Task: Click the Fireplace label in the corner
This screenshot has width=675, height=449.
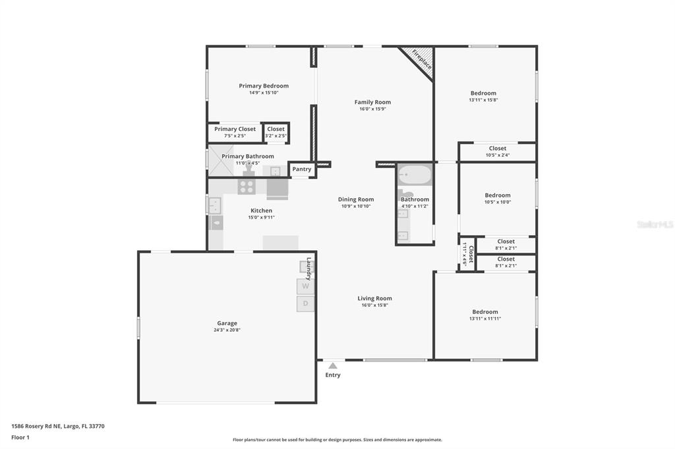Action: click(x=422, y=59)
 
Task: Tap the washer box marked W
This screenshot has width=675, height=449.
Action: click(x=305, y=286)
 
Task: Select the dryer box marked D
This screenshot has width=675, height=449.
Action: click(x=305, y=304)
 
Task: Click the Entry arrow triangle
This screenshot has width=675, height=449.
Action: click(x=333, y=366)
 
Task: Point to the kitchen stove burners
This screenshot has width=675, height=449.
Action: click(x=247, y=187)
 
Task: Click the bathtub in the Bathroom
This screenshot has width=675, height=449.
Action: click(x=415, y=176)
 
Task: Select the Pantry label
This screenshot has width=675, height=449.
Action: click(x=302, y=169)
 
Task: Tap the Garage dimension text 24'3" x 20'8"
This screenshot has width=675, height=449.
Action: click(x=227, y=330)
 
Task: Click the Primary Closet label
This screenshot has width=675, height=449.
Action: click(x=235, y=129)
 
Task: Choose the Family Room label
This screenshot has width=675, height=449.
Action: click(x=372, y=102)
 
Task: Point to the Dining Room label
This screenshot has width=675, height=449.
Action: click(x=356, y=199)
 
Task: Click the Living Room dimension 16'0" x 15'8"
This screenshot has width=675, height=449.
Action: click(x=374, y=305)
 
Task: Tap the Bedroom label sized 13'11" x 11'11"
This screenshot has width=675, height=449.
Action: click(x=484, y=312)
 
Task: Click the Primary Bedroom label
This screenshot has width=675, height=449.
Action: click(x=264, y=86)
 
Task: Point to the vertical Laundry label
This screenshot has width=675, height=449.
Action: click(x=308, y=269)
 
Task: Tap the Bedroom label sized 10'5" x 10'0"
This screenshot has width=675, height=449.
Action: click(x=498, y=196)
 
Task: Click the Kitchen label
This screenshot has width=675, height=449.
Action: click(x=261, y=211)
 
